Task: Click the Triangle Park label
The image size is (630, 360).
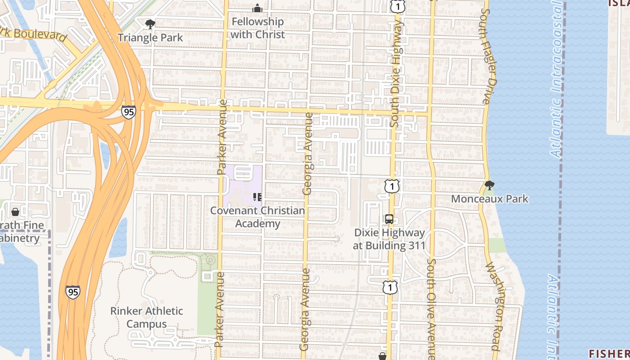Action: coord(150,37)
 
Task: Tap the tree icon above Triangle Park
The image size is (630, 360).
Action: coord(150,24)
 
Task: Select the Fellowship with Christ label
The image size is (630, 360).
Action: coord(257,28)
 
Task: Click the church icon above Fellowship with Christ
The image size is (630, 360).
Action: coord(257,8)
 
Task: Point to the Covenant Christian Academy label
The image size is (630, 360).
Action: coord(257,217)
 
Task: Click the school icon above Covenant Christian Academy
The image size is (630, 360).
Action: coord(257,197)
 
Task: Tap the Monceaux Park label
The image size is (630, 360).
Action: coord(490,199)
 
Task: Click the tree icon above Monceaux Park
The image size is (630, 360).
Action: coord(490,185)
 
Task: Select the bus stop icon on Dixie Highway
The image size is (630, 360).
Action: coord(389,219)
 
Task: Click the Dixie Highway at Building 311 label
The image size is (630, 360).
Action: coord(389,239)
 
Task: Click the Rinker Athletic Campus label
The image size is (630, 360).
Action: coord(147,317)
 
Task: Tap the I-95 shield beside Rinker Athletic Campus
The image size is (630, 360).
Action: coord(72,292)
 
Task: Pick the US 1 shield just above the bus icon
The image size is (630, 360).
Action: coord(392,186)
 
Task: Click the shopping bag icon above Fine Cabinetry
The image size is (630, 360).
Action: coord(15,211)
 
